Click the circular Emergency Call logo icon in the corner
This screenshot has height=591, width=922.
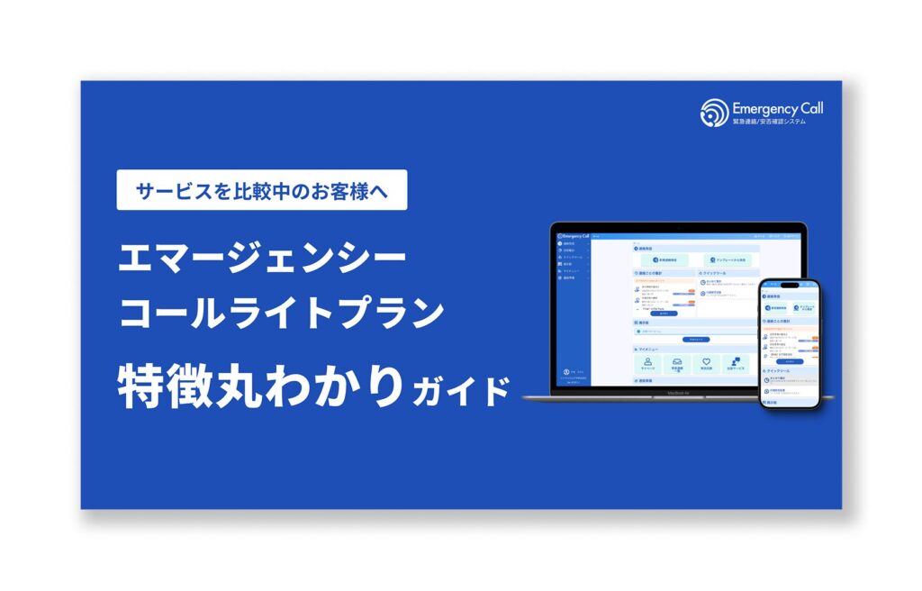(713, 113)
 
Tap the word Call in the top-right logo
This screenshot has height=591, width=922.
(810, 108)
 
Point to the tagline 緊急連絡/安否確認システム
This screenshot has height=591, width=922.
(769, 122)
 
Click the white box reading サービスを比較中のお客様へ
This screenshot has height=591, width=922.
(261, 190)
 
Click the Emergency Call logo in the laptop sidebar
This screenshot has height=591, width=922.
(574, 236)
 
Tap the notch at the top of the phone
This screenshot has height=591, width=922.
(789, 284)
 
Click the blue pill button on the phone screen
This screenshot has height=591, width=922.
(789, 361)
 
